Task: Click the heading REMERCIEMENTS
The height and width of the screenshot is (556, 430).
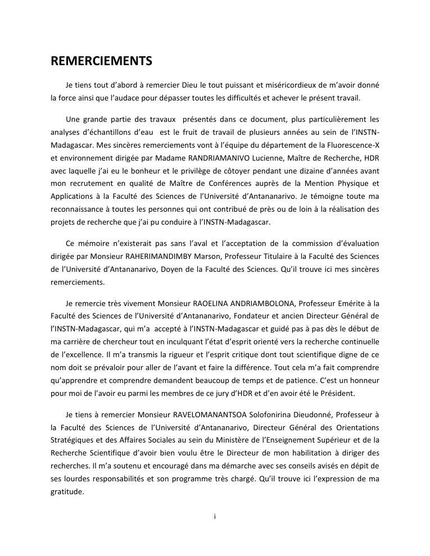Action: (x=101, y=61)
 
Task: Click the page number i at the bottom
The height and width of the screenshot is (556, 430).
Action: (x=215, y=517)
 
